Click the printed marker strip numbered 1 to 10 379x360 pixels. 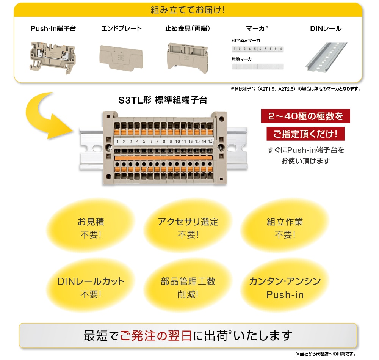pos(257,49)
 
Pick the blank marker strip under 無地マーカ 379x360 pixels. pos(257,66)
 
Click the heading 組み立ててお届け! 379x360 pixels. pos(188,9)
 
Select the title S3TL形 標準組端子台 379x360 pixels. pos(163,101)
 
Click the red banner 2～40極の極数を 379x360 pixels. pos(305,116)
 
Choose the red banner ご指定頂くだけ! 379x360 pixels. pos(305,134)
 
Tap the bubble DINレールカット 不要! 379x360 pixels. pos(91,287)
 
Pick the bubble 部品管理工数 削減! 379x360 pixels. pos(188,287)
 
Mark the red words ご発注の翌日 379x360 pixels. pos(155,335)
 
